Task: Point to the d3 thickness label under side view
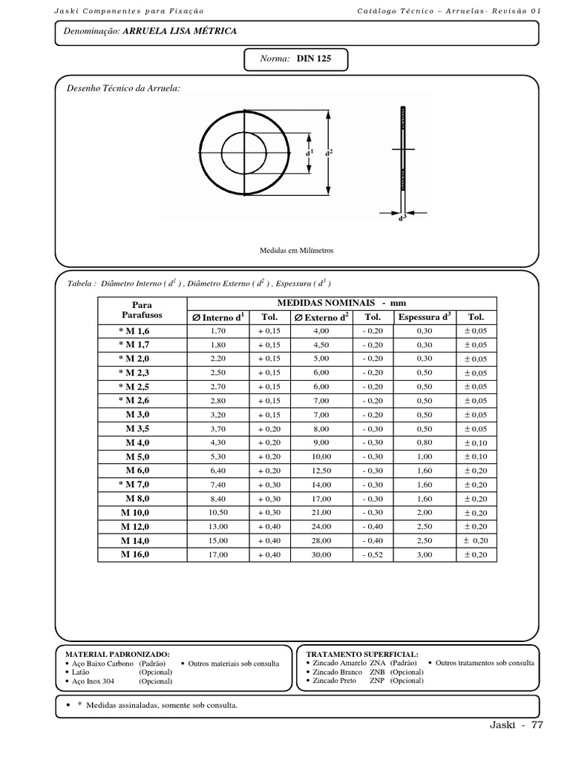click(x=402, y=217)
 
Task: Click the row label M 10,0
click(x=136, y=513)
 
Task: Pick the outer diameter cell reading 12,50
click(x=321, y=471)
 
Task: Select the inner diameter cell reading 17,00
click(x=217, y=554)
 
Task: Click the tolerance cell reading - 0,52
click(x=373, y=554)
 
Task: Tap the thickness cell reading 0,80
click(x=424, y=442)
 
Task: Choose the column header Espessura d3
click(x=424, y=317)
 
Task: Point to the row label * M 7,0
click(x=134, y=485)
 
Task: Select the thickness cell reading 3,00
click(x=424, y=554)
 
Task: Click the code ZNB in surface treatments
click(x=377, y=671)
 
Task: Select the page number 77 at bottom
click(x=537, y=725)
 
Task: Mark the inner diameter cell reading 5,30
click(x=217, y=456)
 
